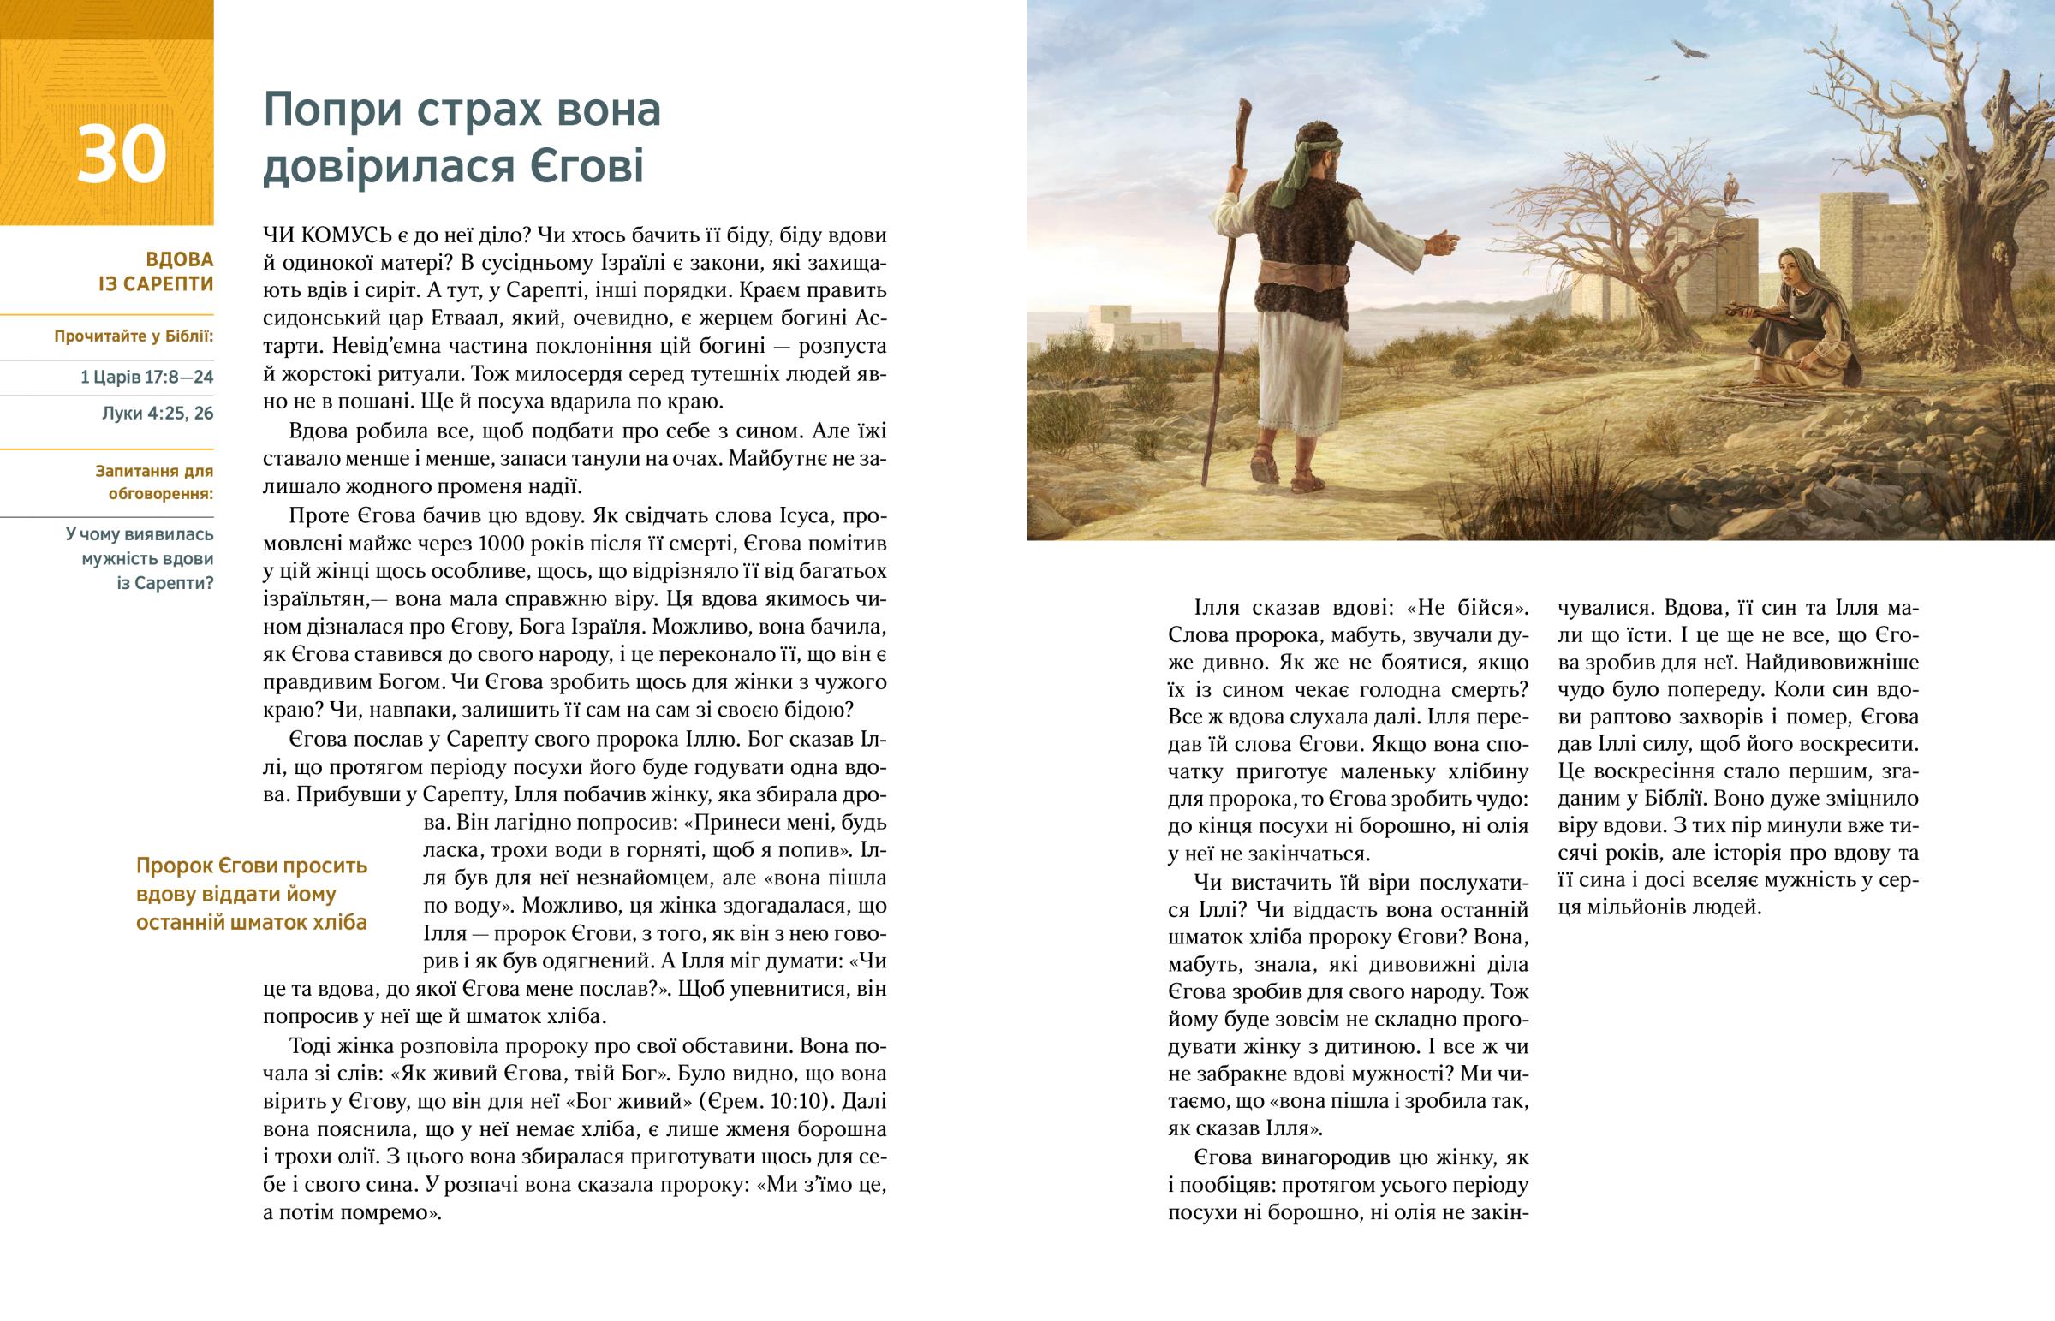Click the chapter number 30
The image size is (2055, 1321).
[x=121, y=155]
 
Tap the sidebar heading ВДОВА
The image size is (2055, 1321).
[x=179, y=259]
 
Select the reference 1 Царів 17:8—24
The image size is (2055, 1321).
[x=146, y=378]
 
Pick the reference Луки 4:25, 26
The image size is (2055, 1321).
[x=158, y=414]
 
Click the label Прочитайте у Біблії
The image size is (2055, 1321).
[x=134, y=336]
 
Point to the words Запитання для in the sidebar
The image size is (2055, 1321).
[x=154, y=471]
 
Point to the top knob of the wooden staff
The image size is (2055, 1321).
[x=1243, y=111]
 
